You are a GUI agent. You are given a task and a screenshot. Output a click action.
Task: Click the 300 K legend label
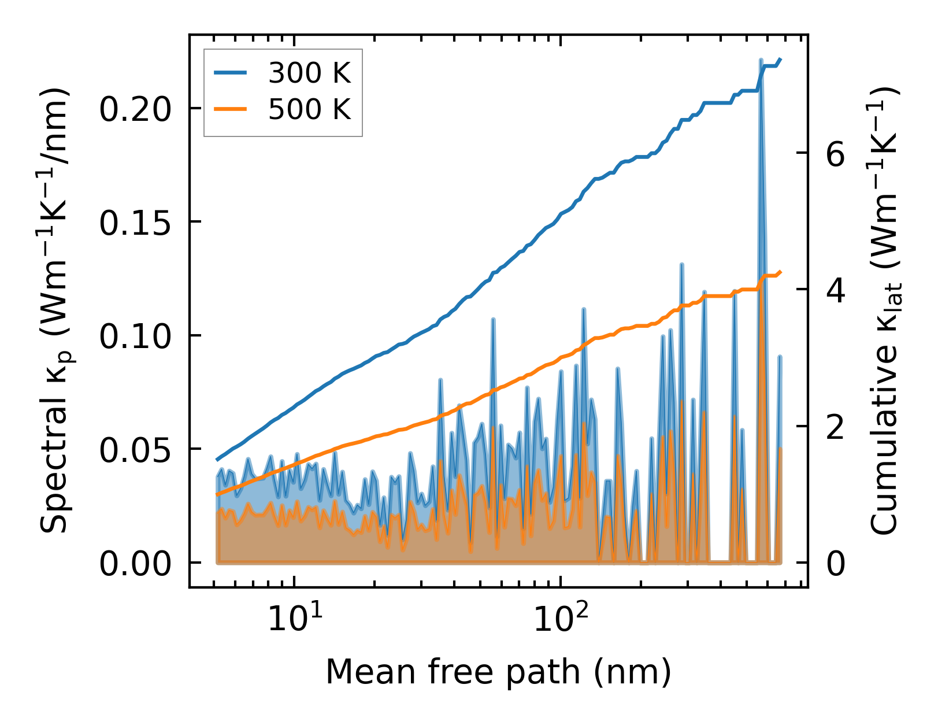tap(309, 73)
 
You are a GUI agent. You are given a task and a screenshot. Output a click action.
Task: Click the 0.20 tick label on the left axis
tap(135, 109)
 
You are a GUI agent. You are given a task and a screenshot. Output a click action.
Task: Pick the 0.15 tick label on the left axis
tap(135, 223)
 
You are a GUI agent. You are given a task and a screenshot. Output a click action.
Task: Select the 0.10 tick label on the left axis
tap(135, 336)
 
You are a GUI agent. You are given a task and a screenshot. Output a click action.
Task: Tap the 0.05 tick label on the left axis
tap(135, 450)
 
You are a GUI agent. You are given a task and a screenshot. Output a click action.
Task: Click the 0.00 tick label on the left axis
tap(135, 564)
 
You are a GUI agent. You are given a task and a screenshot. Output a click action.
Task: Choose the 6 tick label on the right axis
tap(836, 154)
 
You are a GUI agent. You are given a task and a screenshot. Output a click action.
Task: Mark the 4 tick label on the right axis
tap(836, 290)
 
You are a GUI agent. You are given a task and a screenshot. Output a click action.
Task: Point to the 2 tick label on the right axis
tap(836, 427)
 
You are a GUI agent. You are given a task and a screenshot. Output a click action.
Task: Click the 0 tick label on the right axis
tap(836, 564)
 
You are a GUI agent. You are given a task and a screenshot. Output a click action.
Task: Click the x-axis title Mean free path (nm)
tap(498, 672)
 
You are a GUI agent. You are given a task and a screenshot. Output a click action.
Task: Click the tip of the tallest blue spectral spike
tap(761, 60)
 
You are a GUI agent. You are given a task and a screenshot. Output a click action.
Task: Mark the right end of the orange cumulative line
tap(780, 272)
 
